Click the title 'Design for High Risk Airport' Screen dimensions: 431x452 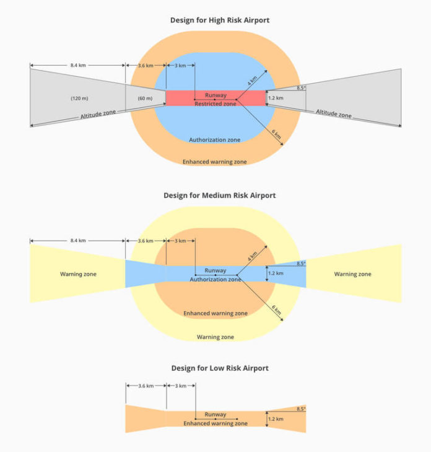220,20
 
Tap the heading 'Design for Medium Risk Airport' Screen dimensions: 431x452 220,195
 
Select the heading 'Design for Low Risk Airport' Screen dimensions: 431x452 220,368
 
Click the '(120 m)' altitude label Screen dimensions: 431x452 79,99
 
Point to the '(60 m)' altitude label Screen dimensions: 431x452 145,99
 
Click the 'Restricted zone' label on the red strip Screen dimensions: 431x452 215,104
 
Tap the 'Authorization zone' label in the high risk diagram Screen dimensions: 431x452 214,140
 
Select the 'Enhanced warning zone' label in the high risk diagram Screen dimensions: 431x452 214,162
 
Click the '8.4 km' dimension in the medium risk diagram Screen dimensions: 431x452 78,241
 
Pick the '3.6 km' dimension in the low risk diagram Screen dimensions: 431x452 146,386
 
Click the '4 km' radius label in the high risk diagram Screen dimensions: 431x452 252,81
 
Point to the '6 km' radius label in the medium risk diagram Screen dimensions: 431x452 276,309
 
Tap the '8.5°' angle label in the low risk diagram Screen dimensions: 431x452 301,409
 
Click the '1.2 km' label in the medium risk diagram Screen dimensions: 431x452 276,273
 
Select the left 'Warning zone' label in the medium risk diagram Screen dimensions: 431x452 78,274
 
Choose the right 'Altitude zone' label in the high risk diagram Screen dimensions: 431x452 334,113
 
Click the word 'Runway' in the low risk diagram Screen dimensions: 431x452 215,414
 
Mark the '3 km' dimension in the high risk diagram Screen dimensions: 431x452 180,66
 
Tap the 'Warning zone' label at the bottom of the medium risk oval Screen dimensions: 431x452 215,337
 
